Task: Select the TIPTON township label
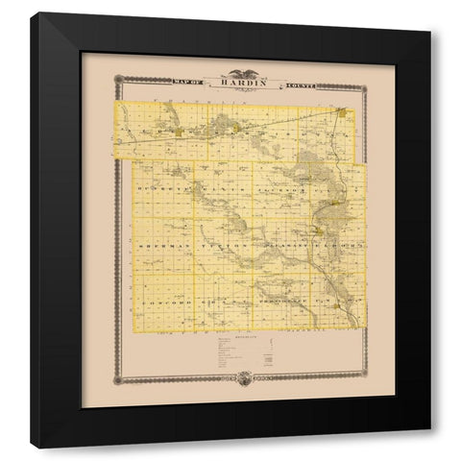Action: [219, 247]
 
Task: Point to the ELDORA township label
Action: [338, 247]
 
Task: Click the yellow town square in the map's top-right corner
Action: [341, 113]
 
